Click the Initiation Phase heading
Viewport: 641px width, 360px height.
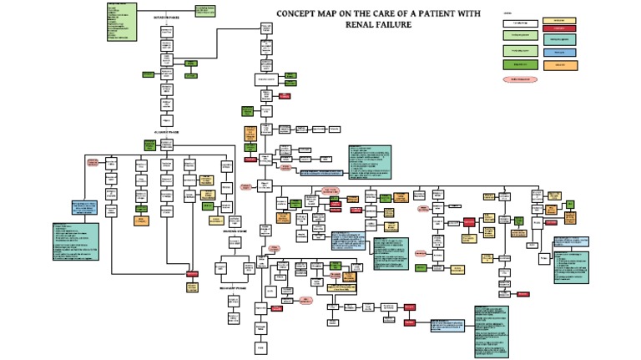coord(166,16)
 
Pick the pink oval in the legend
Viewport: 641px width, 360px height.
coord(515,79)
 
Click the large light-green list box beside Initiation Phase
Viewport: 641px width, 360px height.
coord(122,22)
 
